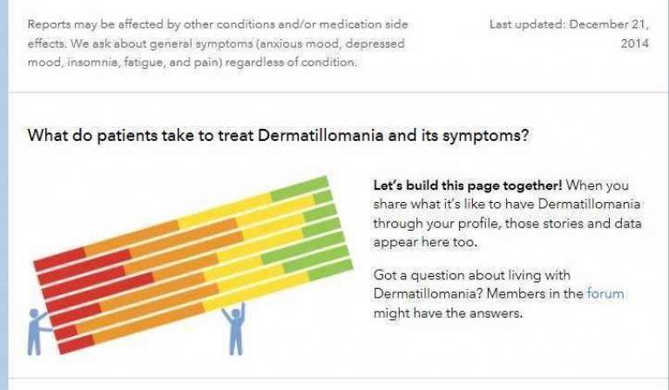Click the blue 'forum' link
point(605,293)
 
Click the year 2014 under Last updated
point(634,44)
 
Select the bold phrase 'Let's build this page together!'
point(468,185)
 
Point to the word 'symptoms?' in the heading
point(485,137)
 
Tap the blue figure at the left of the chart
point(38,332)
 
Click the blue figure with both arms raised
point(234,328)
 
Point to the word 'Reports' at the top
point(49,24)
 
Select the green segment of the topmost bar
point(300,188)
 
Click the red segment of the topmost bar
point(60,259)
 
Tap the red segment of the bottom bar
point(77,345)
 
